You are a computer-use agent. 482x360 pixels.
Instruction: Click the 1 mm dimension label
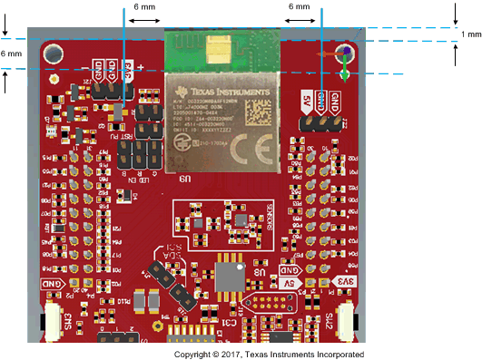(x=471, y=34)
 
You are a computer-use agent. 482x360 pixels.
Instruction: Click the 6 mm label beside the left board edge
(x=10, y=54)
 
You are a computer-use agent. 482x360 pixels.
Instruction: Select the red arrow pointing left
(x=329, y=54)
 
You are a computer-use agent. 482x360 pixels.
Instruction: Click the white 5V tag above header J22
(x=308, y=97)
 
